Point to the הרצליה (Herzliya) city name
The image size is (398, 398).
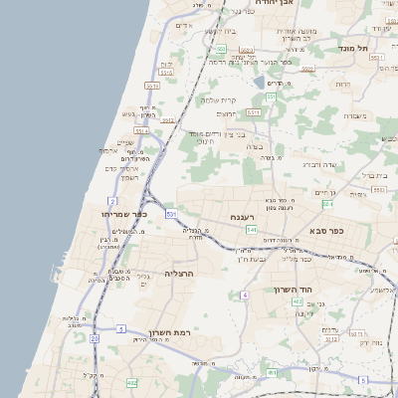pos(177,273)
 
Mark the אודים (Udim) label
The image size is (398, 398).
pos(183,25)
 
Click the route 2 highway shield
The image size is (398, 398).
pos(112,202)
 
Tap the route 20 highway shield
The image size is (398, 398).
pos(95,338)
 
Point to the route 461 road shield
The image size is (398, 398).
pos(272,373)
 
